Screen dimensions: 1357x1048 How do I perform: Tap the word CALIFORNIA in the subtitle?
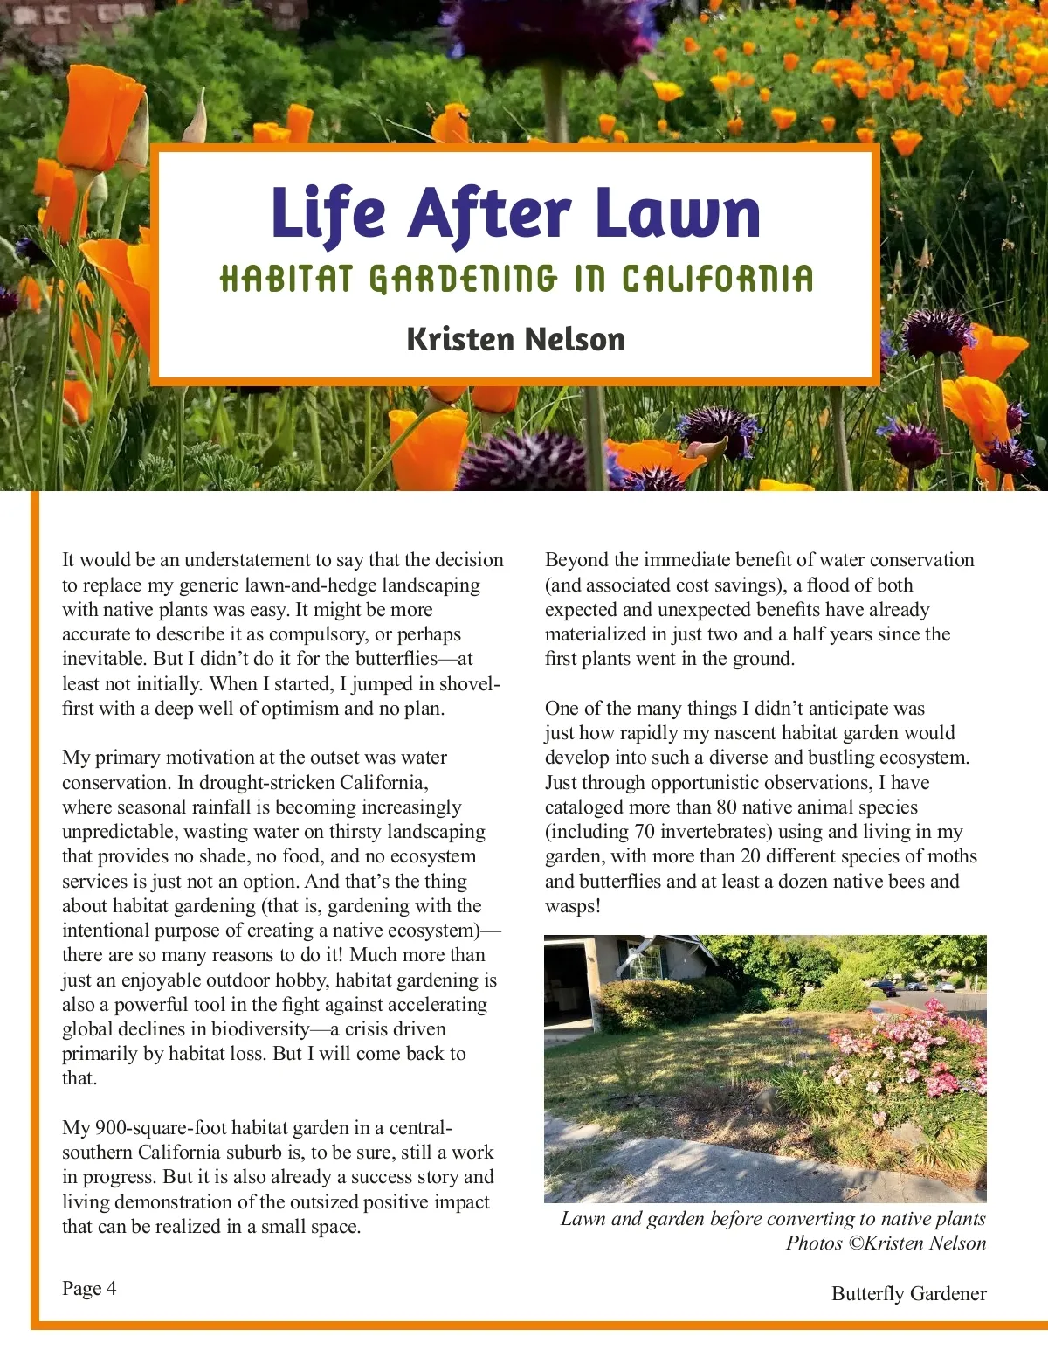click(x=717, y=280)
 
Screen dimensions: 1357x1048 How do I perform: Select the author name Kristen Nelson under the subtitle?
click(x=516, y=339)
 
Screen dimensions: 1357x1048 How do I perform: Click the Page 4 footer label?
click(x=89, y=1289)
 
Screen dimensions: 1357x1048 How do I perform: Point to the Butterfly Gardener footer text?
click(x=908, y=1294)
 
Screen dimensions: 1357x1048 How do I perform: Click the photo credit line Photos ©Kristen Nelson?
click(x=886, y=1243)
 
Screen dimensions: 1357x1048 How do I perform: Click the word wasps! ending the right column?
click(x=573, y=906)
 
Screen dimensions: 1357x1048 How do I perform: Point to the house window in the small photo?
click(x=645, y=961)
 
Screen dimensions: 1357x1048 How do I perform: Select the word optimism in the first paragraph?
click(x=299, y=709)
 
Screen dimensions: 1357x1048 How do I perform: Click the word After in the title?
click(x=489, y=213)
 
